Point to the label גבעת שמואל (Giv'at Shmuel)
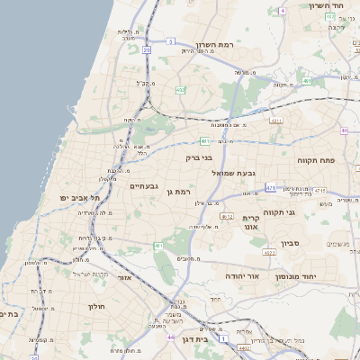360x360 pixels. [237, 173]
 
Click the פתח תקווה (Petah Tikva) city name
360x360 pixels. [316, 159]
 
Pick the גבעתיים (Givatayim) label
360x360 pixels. [144, 186]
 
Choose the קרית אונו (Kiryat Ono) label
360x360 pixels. [251, 223]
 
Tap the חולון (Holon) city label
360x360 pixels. [96, 307]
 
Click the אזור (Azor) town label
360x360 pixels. [124, 278]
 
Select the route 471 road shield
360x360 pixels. [271, 187]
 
